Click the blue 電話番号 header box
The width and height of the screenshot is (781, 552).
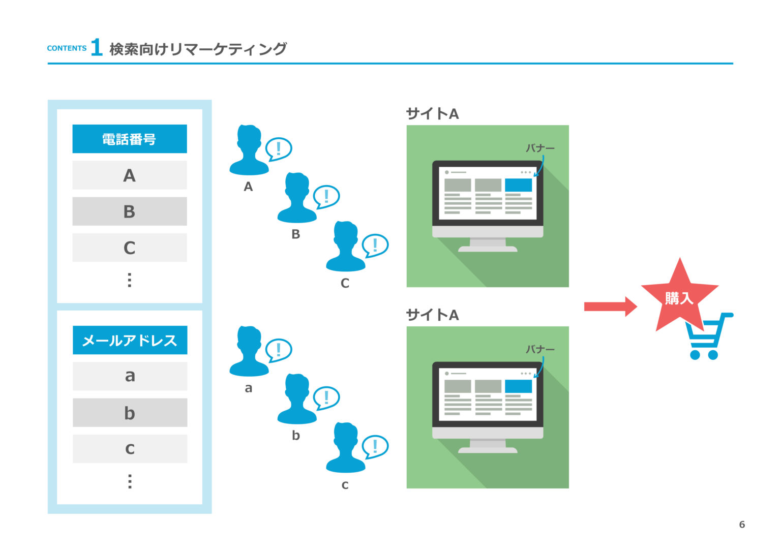pyautogui.click(x=130, y=139)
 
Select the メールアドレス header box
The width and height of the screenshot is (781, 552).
pyautogui.click(x=130, y=340)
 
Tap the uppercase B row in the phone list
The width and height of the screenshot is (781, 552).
pyautogui.click(x=130, y=211)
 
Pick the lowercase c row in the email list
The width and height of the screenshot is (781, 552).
pyautogui.click(x=130, y=449)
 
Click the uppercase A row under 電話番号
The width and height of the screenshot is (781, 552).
pyautogui.click(x=130, y=175)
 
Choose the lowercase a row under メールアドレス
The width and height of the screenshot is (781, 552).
pyautogui.click(x=130, y=376)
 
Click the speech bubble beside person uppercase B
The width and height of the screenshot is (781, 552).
pyautogui.click(x=326, y=196)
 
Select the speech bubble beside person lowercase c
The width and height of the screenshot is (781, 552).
pyautogui.click(x=375, y=446)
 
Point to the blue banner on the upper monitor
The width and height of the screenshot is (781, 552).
pyautogui.click(x=518, y=185)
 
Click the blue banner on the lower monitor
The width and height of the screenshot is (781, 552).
pyautogui.click(x=518, y=386)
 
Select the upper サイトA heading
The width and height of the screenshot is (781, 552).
pyautogui.click(x=432, y=114)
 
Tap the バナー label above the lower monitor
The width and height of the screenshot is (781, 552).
pyautogui.click(x=540, y=349)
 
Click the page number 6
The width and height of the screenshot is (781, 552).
pyautogui.click(x=742, y=525)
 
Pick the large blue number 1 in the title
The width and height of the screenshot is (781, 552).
pyautogui.click(x=97, y=48)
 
